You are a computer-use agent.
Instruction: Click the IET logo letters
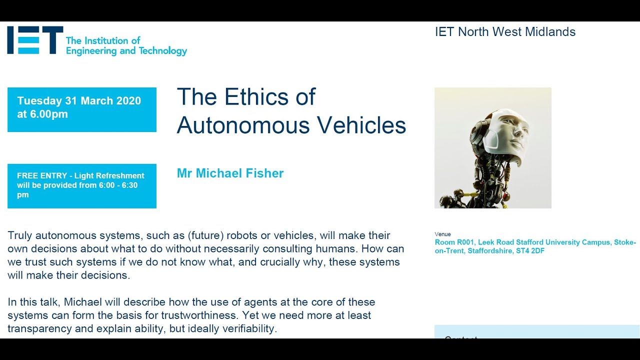coord(34,40)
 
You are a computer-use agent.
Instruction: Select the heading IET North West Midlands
coord(505,32)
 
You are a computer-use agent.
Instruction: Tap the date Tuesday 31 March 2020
coord(79,100)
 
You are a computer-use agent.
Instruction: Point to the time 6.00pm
coord(49,114)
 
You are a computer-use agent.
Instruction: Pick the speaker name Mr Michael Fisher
coord(230,173)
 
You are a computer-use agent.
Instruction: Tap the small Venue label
coord(442,234)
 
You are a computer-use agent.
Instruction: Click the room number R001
coord(464,242)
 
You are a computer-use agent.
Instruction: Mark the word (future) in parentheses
coord(205,235)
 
